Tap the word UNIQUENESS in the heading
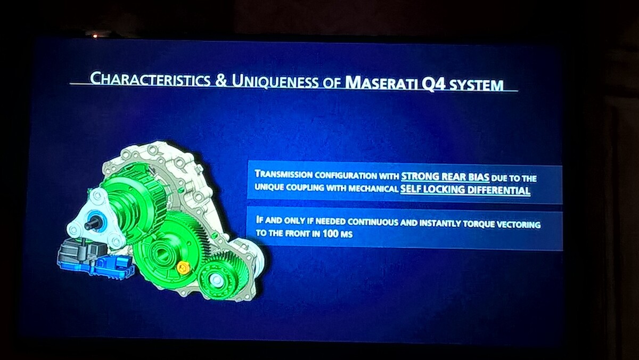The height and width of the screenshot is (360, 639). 275,81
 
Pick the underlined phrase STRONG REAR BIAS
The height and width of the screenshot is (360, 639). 445,177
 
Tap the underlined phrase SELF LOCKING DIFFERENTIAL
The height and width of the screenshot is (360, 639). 465,190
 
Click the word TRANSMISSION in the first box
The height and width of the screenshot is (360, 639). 283,174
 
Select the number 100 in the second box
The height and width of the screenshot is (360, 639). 331,233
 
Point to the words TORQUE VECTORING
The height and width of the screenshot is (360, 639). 502,224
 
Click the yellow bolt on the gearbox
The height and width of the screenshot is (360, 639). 183,267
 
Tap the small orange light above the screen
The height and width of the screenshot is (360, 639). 95,36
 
